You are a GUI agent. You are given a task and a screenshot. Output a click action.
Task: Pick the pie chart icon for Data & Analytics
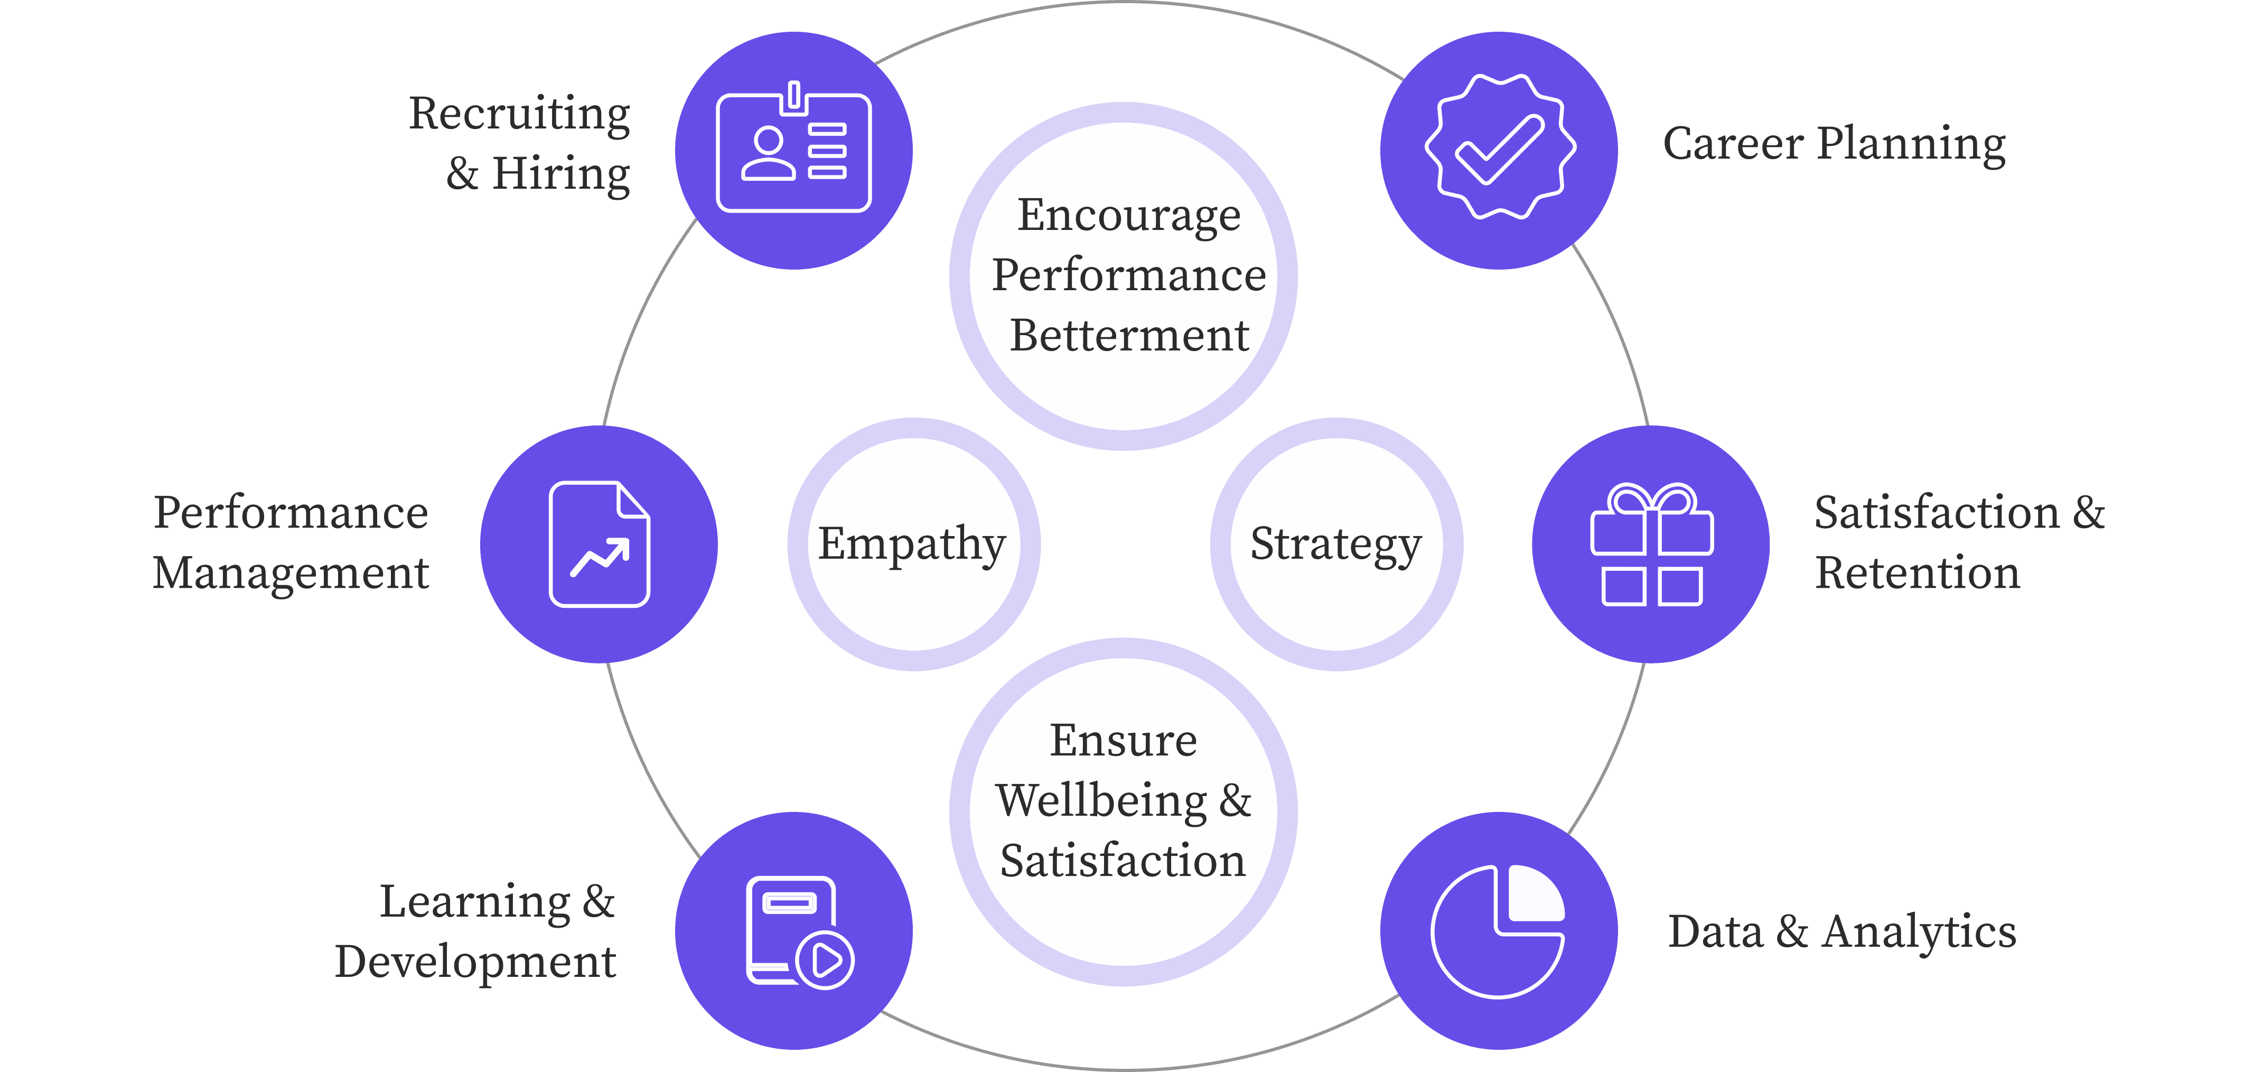1498,931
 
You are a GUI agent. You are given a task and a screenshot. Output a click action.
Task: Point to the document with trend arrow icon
600,544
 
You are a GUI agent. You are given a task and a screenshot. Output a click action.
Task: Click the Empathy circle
913,544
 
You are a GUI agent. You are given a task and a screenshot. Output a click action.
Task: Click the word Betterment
1129,336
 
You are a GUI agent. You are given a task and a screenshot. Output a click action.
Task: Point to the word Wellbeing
1102,800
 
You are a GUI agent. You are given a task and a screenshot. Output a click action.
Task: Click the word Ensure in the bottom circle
1123,741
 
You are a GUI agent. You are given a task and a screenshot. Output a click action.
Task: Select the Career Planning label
1834,144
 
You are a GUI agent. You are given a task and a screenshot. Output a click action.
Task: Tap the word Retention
1916,574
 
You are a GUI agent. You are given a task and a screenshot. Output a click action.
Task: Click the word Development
475,962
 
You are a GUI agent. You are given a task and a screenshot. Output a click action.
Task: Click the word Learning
475,902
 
